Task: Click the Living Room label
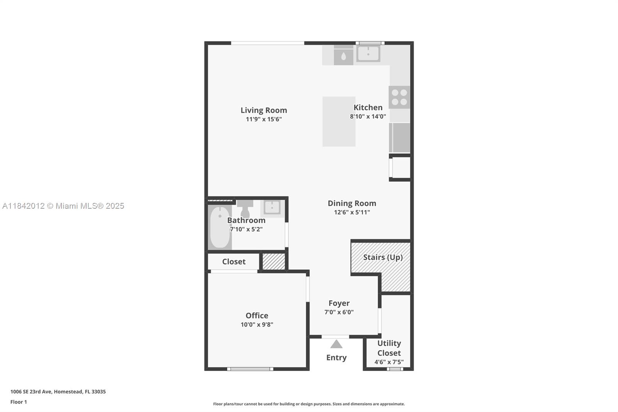pos(263,111)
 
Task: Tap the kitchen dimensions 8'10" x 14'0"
pos(368,116)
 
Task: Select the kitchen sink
pos(368,53)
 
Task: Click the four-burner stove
pos(399,97)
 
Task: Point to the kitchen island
pos(339,121)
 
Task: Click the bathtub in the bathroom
pos(220,227)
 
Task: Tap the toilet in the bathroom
pos(245,209)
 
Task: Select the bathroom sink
pos(272,208)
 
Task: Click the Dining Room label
pos(351,203)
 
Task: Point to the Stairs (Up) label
pos(382,257)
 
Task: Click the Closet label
pos(234,262)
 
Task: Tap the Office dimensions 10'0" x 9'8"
pos(257,325)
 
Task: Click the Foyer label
pos(339,303)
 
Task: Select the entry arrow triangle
pos(336,344)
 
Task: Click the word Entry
pos(336,358)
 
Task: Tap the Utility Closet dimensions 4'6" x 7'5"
pos(389,362)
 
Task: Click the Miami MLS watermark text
pos(63,206)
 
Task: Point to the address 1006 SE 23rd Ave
pos(58,392)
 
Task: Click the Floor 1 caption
pos(19,402)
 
